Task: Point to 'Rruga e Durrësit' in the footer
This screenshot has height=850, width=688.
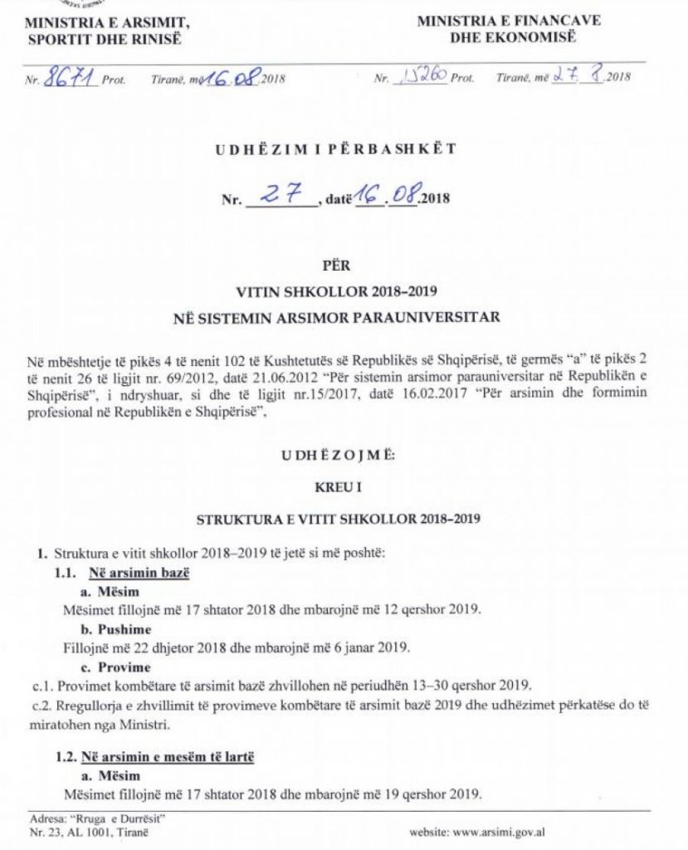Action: click(x=100, y=818)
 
